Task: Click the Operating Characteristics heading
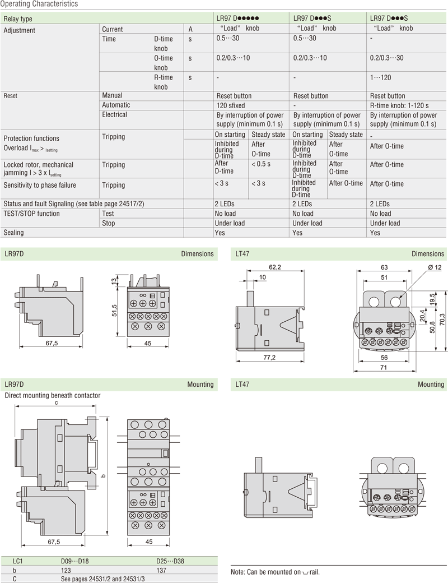[x=39, y=4]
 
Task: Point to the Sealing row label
[x=14, y=233]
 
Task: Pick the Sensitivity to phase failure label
[x=40, y=185]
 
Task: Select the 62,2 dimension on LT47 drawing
[x=274, y=267]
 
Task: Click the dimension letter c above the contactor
[x=56, y=402]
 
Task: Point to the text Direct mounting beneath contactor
[x=53, y=395]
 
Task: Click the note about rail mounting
[x=275, y=572]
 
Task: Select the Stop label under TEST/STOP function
[x=109, y=223]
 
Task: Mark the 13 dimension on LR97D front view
[x=113, y=281]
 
